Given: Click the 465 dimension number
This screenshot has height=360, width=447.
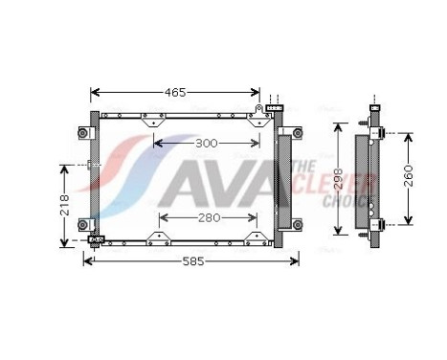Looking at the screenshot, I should click(x=174, y=93).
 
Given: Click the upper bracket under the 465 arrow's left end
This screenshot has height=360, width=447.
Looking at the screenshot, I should click(x=149, y=121).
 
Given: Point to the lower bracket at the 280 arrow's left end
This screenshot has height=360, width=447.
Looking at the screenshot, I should click(x=158, y=234).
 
